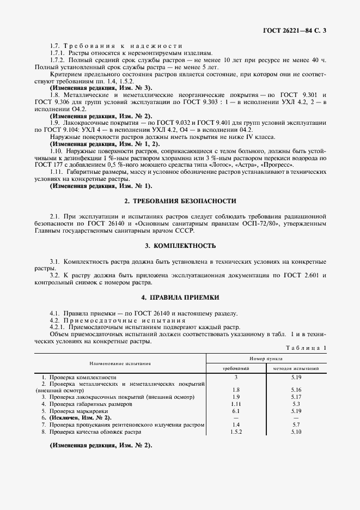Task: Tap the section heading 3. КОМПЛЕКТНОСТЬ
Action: click(180, 246)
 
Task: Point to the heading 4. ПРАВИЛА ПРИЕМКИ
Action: click(180, 297)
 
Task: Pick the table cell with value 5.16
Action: click(296, 390)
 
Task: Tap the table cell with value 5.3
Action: click(296, 404)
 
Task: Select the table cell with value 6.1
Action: click(236, 411)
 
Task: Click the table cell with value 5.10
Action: click(296, 432)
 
